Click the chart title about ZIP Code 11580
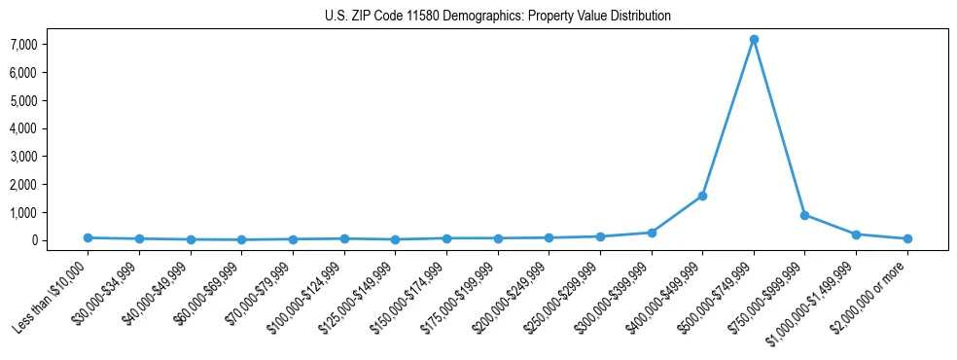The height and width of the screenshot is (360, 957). click(498, 17)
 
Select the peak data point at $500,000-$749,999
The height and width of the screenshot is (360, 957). click(754, 40)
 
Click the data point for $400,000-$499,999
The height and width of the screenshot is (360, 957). click(702, 196)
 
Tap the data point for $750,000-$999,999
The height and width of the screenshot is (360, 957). click(804, 215)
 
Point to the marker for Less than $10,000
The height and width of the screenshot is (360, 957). click(88, 237)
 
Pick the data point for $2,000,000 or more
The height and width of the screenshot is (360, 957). click(907, 238)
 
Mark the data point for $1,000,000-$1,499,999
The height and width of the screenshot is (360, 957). click(856, 234)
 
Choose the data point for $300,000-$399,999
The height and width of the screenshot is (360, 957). click(652, 233)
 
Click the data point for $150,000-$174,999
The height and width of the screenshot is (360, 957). click(446, 238)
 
